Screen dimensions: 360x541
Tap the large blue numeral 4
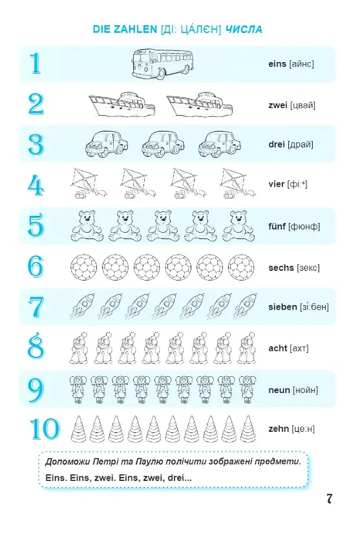[x=36, y=186]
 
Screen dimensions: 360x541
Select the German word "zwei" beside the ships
[x=277, y=105]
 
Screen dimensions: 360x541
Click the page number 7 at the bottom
[x=329, y=498]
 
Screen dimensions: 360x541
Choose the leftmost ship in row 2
[x=122, y=105]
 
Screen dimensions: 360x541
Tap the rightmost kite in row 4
[x=238, y=184]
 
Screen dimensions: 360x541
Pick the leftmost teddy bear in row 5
[x=87, y=226]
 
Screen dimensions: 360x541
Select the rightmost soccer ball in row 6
[x=241, y=268]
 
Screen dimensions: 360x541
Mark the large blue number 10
[x=45, y=429]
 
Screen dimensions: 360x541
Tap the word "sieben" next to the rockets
[x=282, y=307]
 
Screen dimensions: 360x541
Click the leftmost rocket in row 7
[x=83, y=306]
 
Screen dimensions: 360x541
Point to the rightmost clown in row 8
[x=246, y=348]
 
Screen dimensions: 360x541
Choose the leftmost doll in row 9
[x=78, y=390]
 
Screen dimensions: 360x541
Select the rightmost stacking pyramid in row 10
[x=248, y=429]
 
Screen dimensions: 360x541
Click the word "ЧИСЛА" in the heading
[x=244, y=29]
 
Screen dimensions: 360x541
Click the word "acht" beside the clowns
[x=277, y=348]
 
